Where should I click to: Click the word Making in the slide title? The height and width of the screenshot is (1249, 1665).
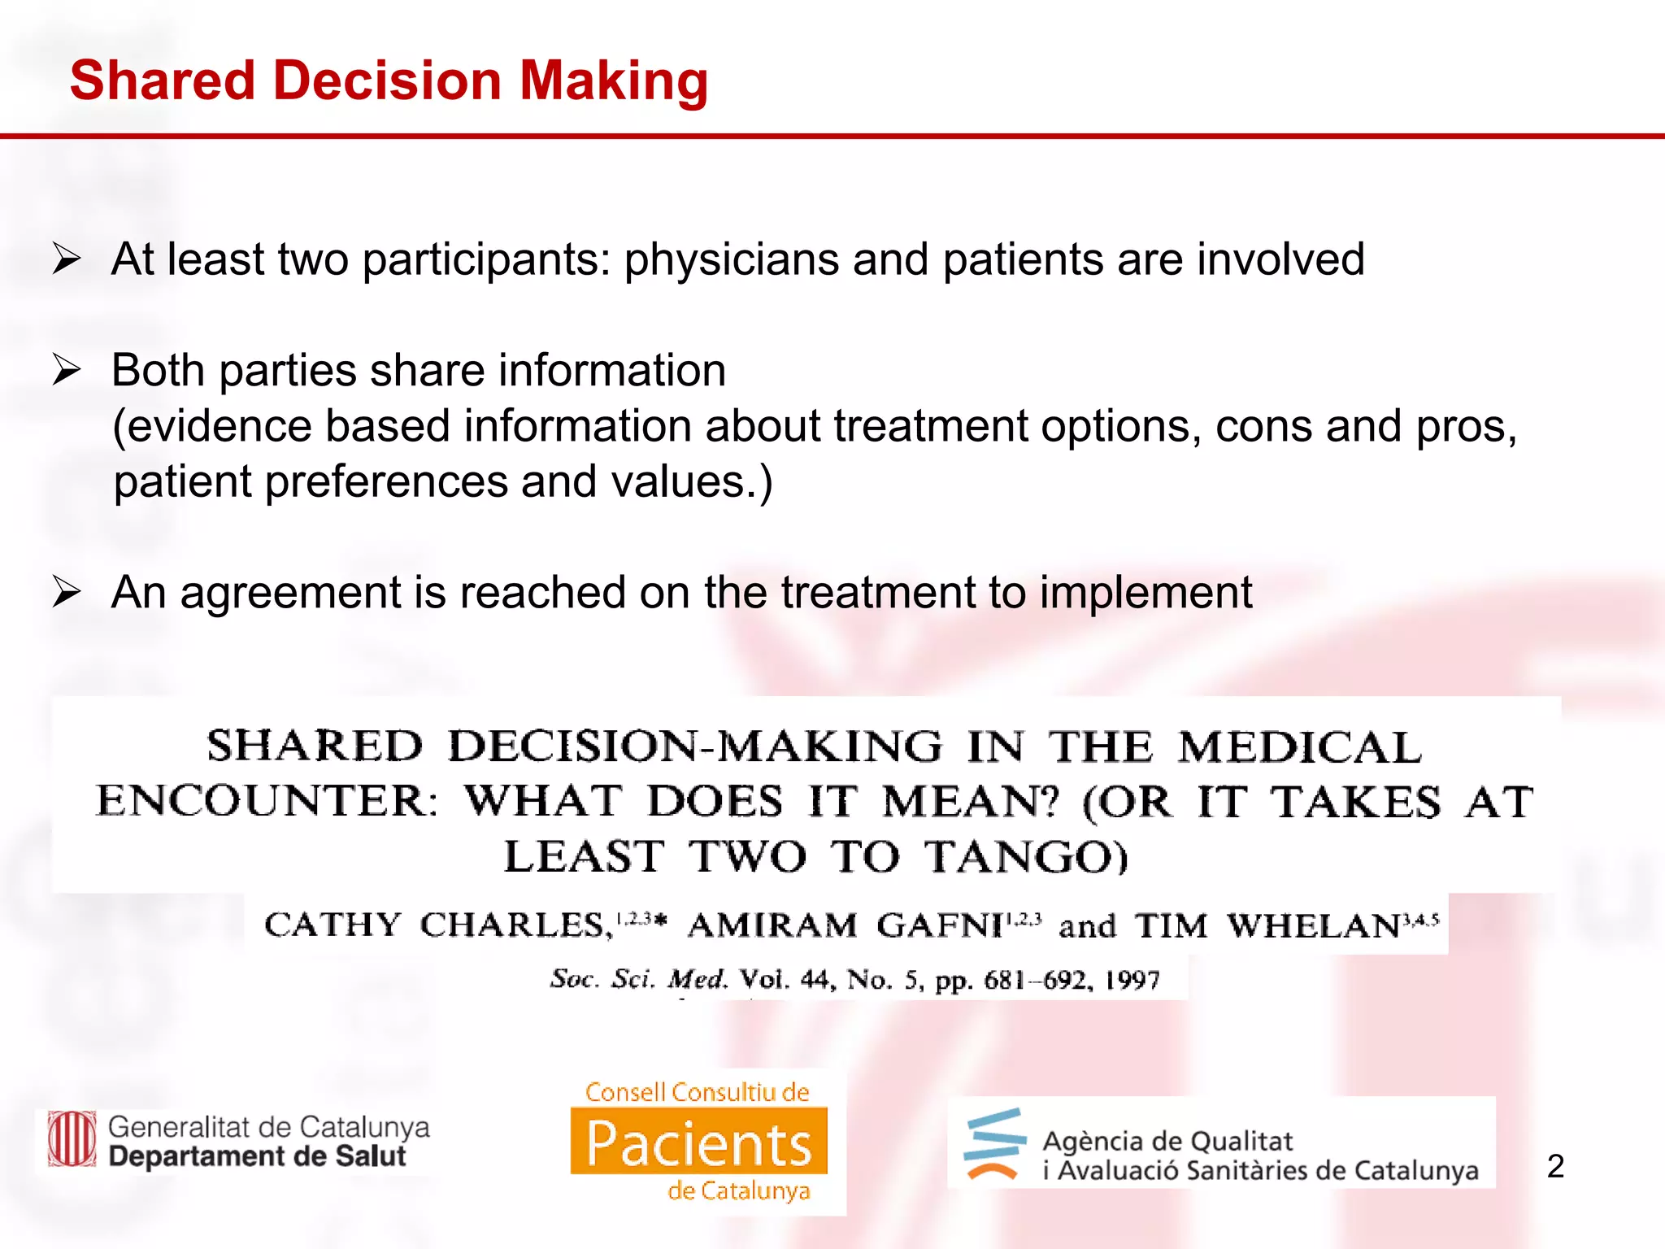pos(613,81)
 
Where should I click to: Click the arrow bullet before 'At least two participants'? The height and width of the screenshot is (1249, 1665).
pos(67,260)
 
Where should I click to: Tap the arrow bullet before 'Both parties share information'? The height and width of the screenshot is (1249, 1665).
pos(67,371)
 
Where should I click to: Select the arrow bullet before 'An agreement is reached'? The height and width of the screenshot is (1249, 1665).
pos(67,592)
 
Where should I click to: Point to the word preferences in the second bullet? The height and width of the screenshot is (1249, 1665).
pos(387,481)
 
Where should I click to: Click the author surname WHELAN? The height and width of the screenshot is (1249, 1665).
pos(1312,925)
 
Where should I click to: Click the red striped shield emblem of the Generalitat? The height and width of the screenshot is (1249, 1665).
pos(72,1139)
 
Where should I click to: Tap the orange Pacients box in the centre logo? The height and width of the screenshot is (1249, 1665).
pos(699,1142)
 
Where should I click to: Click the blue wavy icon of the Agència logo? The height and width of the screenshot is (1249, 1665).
pos(994,1143)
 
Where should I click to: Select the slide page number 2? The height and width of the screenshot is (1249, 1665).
pos(1555,1167)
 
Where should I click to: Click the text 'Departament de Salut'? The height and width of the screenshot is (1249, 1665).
pos(257,1156)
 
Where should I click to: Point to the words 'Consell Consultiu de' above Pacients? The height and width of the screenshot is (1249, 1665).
pos(698,1092)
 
